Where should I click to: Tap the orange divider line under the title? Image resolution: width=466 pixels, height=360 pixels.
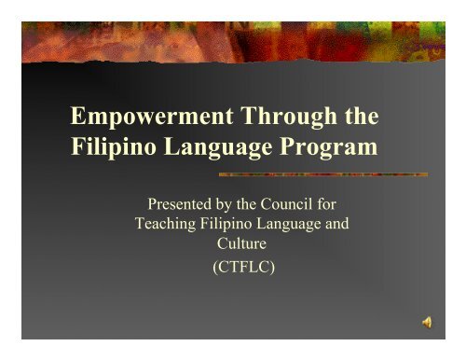click(x=322, y=174)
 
